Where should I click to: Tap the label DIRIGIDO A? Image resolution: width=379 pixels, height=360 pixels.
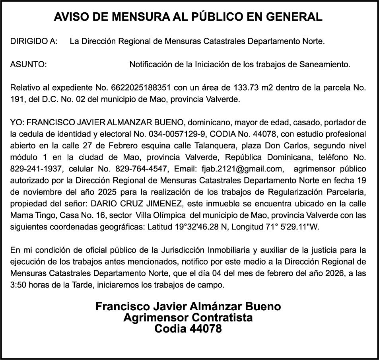(x=34, y=41)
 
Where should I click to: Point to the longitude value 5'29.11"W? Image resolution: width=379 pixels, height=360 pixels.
(x=298, y=228)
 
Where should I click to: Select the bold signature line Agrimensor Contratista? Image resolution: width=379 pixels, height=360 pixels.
(x=188, y=318)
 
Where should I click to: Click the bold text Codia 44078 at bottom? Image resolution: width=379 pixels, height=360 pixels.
(x=188, y=329)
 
